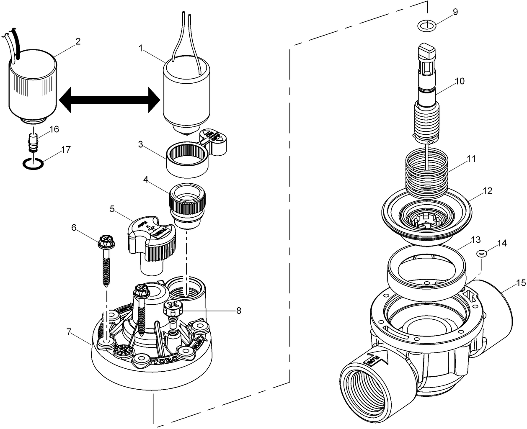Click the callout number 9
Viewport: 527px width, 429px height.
(455, 12)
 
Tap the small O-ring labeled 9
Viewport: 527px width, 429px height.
(427, 26)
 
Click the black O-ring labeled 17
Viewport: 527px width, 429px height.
(32, 164)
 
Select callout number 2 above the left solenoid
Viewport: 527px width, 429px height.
(78, 41)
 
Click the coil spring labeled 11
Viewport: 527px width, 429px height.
(426, 172)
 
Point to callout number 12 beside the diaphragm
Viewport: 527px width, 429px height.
(487, 191)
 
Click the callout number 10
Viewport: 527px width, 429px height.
(460, 81)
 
